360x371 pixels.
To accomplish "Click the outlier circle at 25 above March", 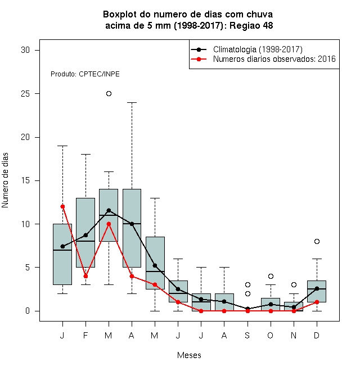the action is coord(109,94).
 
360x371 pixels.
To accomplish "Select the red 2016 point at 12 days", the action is coord(62,206).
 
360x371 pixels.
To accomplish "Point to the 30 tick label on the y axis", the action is coord(25,50).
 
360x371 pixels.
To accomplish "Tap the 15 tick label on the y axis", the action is coord(25,180).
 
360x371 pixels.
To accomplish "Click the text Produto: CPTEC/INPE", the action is coord(85,74).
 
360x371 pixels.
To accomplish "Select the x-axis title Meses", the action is coord(189,355).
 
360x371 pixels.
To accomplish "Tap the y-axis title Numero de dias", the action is coord(5,180).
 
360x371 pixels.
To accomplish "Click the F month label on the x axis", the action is coord(85,335).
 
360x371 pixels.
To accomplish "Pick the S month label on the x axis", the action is coord(247,335).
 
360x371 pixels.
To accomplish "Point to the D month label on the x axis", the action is coord(317,335).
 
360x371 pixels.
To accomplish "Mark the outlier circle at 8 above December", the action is coord(317,241).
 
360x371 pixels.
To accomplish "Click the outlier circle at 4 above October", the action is coord(271,276).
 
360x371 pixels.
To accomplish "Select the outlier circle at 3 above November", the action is coord(294,284).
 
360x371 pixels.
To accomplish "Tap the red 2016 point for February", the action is coord(85,276).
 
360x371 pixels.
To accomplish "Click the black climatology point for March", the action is coord(109,210).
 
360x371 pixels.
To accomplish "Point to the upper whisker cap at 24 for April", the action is coord(132,103).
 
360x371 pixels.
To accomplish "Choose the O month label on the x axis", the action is coord(270,335).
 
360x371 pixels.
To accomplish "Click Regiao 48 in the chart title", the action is coord(251,25).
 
